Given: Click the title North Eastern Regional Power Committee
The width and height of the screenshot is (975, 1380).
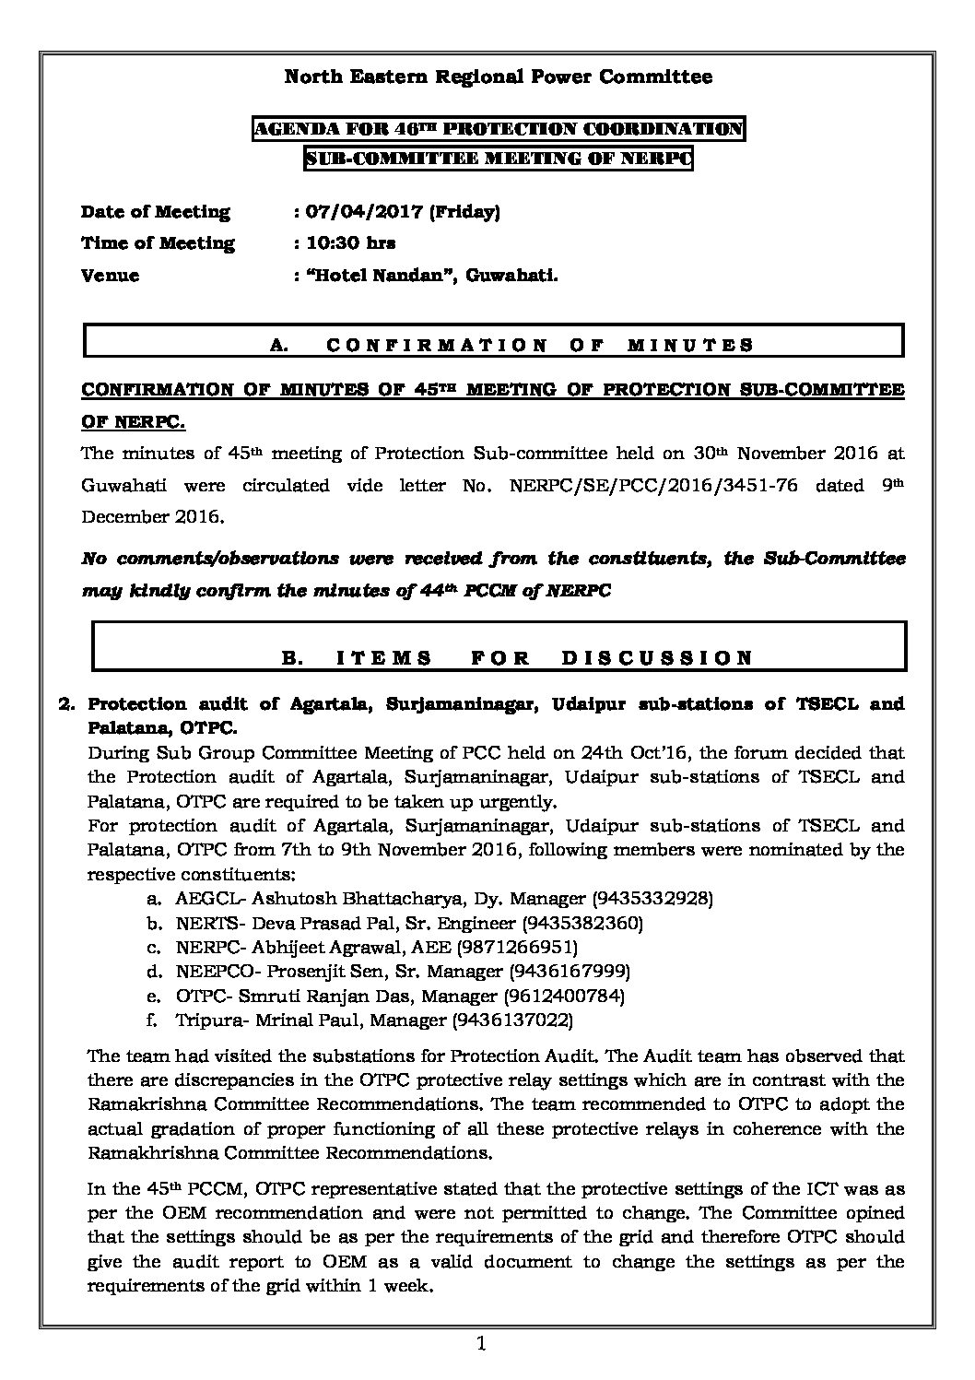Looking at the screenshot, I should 498,77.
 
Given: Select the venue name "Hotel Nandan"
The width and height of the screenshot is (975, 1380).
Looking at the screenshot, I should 379,275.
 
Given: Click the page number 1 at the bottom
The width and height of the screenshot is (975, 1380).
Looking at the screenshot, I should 481,1345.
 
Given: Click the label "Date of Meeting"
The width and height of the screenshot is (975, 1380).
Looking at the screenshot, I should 156,212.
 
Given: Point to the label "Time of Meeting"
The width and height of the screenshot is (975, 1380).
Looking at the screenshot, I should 158,243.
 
